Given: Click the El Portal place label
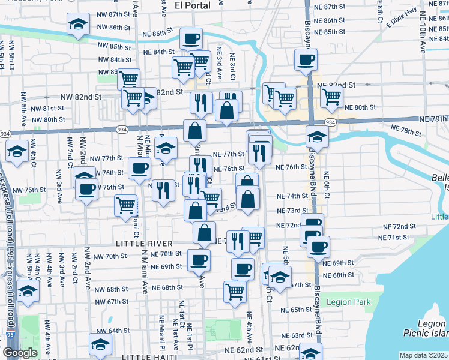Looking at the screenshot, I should coord(192,5).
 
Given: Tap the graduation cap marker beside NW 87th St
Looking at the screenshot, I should coord(77,25).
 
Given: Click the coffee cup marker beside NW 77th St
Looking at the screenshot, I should coord(140,169).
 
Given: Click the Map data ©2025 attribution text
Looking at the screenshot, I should coord(423,355).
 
